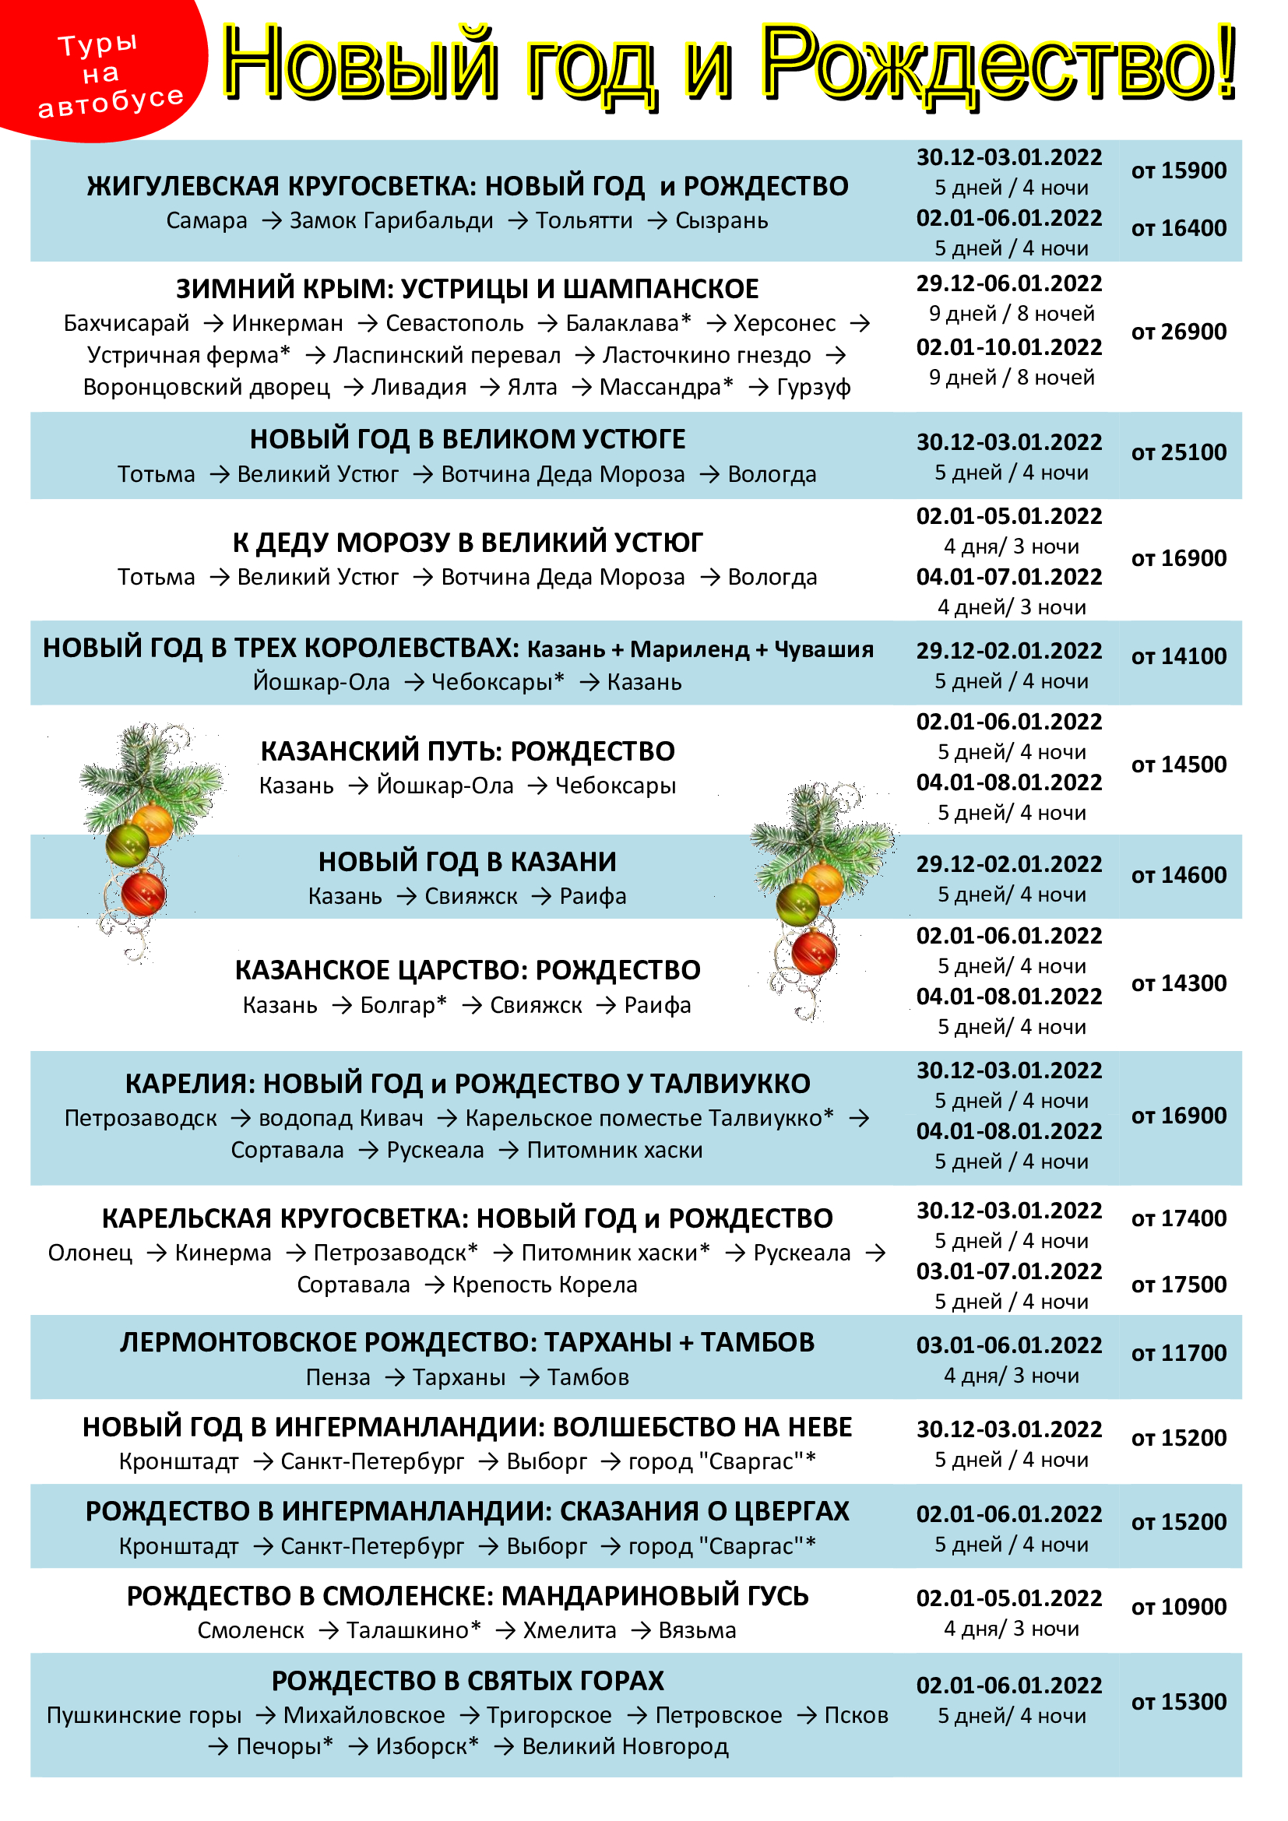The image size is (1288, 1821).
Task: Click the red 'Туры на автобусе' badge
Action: click(103, 72)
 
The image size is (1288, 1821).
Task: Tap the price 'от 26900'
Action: click(1178, 332)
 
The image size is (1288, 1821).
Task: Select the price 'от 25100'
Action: click(1178, 452)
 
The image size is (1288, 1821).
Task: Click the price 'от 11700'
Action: click(1178, 1353)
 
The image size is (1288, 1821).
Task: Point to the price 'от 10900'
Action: click(1178, 1607)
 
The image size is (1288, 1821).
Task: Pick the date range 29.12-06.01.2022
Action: click(1008, 283)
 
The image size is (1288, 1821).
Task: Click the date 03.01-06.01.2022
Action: click(1008, 1345)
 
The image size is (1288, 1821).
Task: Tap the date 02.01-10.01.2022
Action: click(1008, 346)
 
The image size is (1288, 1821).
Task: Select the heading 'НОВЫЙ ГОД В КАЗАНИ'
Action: click(467, 861)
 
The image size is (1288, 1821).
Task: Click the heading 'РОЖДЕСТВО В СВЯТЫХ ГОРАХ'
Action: click(467, 1681)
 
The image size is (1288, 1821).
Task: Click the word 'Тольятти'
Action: click(584, 220)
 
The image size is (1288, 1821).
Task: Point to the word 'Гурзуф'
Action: click(814, 387)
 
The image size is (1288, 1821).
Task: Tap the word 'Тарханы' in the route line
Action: click(459, 1378)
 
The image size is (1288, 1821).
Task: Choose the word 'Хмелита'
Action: click(569, 1631)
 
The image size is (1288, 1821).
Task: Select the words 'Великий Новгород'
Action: click(625, 1746)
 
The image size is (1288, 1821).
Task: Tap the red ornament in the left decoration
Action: click(143, 893)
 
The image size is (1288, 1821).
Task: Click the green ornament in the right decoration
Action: click(797, 904)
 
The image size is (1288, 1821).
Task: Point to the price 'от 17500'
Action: click(1178, 1285)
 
